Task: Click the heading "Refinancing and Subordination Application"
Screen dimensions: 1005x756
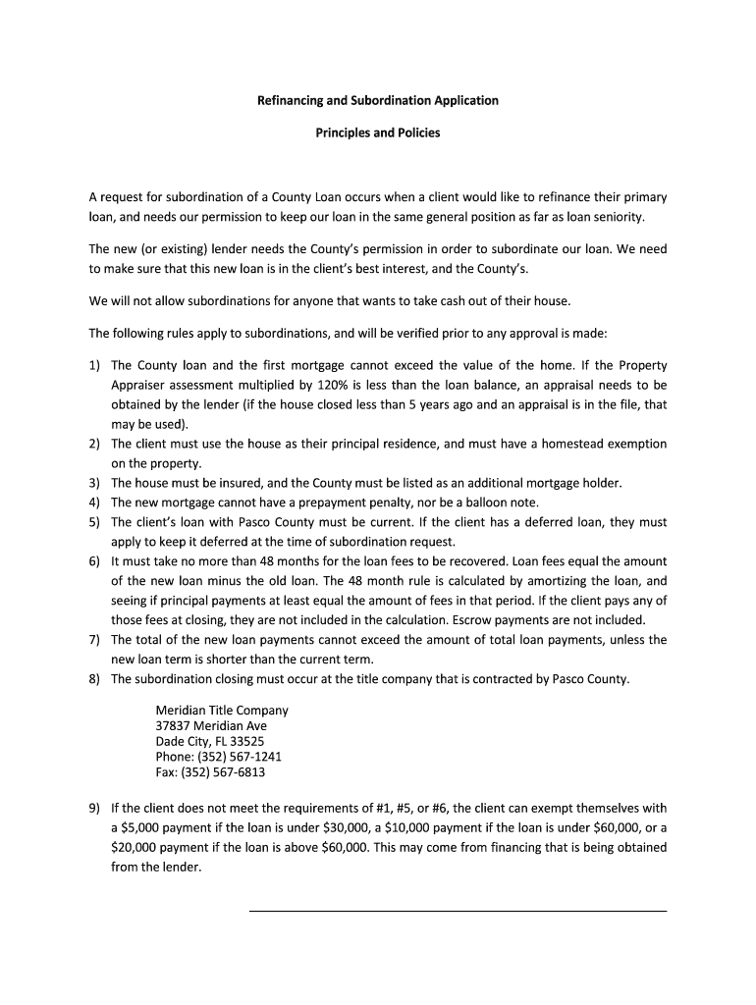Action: click(377, 100)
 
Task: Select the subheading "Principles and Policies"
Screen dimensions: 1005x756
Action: click(377, 132)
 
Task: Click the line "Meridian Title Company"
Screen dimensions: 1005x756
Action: click(222, 711)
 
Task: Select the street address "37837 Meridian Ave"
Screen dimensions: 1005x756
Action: click(211, 726)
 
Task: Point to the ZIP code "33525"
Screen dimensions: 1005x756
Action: click(245, 742)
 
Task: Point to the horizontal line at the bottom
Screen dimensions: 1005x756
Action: click(458, 911)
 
